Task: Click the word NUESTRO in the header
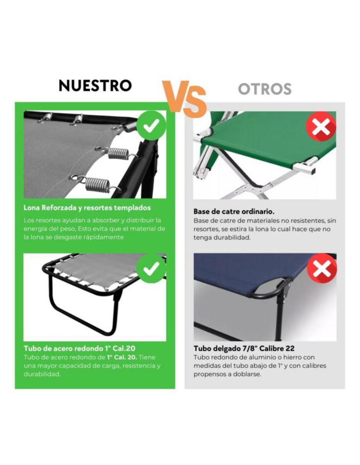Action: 95,86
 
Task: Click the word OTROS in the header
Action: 265,89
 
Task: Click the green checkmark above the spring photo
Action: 151,126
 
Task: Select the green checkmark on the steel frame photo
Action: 151,268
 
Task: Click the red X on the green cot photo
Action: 321,126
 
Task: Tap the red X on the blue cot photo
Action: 322,268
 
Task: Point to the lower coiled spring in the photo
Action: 97,185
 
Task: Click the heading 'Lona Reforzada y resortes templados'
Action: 87,207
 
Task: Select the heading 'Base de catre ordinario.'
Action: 234,212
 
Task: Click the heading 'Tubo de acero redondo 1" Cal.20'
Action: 80,348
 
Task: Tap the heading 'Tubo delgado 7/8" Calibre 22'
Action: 244,348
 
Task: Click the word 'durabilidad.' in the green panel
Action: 42,374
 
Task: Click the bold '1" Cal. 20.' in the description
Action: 122,357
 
